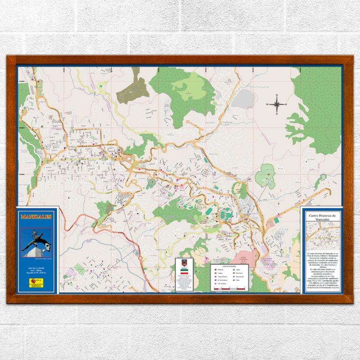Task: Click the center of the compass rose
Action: (277, 105)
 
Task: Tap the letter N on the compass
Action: (277, 96)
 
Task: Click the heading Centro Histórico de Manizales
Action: (322, 217)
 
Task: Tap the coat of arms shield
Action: (184, 263)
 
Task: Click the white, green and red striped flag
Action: (184, 272)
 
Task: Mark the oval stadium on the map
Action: (226, 213)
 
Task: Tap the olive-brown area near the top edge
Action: (133, 89)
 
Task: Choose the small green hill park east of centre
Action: (266, 176)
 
